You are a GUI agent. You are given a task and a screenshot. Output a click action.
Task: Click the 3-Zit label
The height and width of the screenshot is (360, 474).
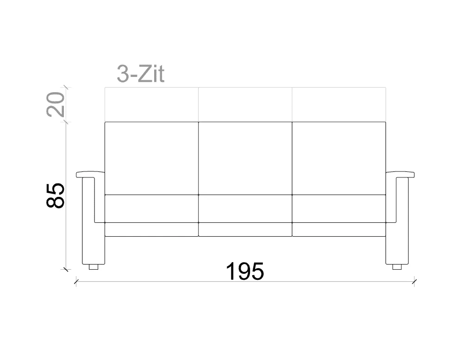click(141, 74)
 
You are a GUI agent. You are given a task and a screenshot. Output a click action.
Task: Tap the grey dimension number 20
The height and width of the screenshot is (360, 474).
click(56, 104)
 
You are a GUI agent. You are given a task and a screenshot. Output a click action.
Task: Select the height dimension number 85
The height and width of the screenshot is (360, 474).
click(56, 196)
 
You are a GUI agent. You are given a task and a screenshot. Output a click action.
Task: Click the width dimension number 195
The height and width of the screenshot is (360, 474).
click(245, 272)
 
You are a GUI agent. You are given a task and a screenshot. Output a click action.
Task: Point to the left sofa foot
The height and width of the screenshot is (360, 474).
click(94, 267)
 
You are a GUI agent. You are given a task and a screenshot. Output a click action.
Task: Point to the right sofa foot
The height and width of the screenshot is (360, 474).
click(397, 267)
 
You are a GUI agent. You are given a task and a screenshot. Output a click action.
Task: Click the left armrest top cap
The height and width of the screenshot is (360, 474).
click(90, 175)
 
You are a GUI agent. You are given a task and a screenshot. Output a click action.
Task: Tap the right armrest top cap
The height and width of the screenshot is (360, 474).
click(400, 175)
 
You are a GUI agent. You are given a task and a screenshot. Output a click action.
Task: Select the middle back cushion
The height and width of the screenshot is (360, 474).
click(245, 158)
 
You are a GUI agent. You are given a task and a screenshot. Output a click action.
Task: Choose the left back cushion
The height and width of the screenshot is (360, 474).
click(151, 158)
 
